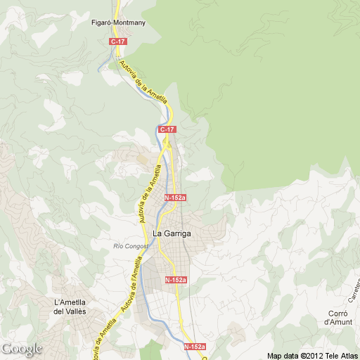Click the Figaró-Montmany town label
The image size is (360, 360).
click(x=119, y=22)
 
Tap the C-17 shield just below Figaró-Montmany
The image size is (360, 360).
click(x=117, y=42)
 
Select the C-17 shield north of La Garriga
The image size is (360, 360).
click(x=167, y=129)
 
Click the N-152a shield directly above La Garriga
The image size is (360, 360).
click(x=175, y=198)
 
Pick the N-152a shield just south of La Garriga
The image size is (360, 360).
click(x=176, y=280)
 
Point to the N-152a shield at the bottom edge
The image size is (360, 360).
click(x=195, y=347)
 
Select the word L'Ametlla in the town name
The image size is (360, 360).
click(x=70, y=302)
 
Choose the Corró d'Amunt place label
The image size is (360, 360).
click(x=337, y=317)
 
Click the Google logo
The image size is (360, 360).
click(x=22, y=349)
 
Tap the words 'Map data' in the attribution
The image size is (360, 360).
click(x=283, y=354)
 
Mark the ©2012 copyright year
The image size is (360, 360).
click(x=310, y=354)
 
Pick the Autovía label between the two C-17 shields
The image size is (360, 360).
click(x=143, y=81)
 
